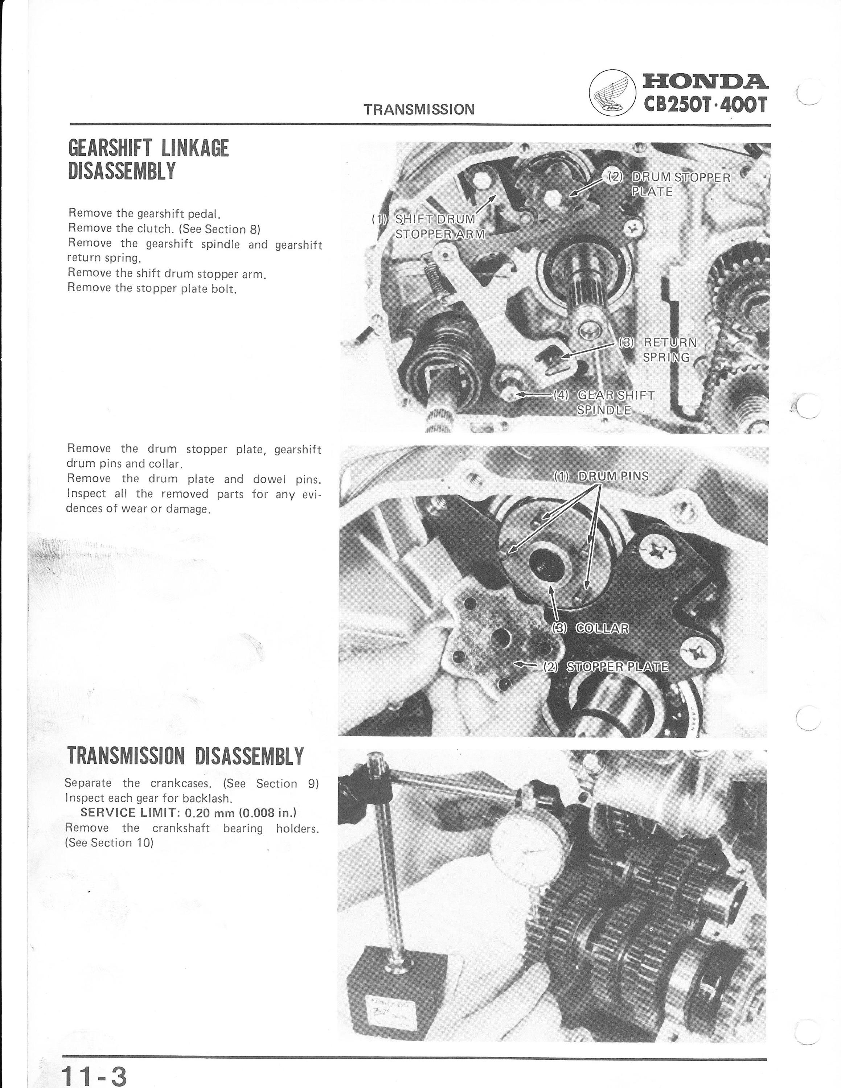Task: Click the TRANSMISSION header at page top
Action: [x=419, y=110]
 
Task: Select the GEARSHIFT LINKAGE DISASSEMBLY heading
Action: [x=148, y=160]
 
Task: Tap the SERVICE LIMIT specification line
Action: [x=188, y=812]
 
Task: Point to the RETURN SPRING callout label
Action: [x=658, y=350]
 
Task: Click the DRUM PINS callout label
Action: [x=601, y=476]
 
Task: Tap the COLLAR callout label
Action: [x=590, y=628]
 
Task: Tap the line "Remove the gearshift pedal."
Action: [x=144, y=214]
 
